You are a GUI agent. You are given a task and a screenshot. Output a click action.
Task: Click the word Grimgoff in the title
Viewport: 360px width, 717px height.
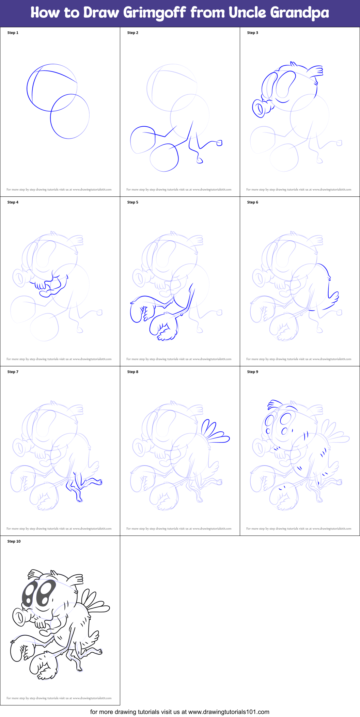click(x=154, y=13)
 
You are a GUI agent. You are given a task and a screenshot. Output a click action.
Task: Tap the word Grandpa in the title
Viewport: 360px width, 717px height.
click(x=299, y=13)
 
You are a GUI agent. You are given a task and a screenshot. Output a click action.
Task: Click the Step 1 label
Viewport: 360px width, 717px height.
click(x=13, y=33)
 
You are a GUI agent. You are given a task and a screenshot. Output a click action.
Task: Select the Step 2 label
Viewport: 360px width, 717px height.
click(x=133, y=33)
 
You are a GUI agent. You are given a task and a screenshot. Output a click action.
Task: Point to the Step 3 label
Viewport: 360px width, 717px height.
click(x=253, y=33)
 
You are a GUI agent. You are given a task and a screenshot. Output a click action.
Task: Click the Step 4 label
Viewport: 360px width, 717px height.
click(x=13, y=202)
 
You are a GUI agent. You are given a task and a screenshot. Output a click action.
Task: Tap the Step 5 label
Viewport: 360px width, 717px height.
click(x=133, y=202)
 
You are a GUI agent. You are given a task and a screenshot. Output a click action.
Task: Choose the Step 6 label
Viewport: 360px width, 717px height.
click(x=253, y=202)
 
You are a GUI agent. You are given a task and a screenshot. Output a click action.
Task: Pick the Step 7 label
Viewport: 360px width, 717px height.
click(x=13, y=372)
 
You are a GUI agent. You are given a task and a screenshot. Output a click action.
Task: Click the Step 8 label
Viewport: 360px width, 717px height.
click(x=133, y=372)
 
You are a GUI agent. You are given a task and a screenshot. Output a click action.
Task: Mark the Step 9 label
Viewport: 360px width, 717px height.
click(x=253, y=372)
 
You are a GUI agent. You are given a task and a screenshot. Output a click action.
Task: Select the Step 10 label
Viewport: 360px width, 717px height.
click(x=14, y=541)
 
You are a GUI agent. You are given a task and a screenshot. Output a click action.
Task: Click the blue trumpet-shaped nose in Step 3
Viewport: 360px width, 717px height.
click(x=261, y=108)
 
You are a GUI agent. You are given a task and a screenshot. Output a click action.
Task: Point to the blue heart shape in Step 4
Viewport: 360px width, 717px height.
click(x=46, y=293)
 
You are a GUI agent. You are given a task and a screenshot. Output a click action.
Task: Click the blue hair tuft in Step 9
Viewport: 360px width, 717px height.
click(x=274, y=404)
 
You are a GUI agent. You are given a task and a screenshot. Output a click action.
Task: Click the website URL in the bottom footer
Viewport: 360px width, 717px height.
click(x=229, y=712)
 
